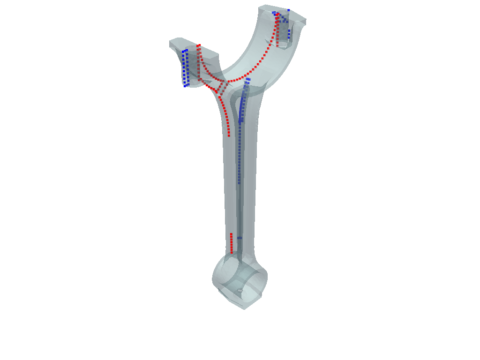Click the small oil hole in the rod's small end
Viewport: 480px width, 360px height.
240,291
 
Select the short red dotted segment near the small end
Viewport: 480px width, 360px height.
232,243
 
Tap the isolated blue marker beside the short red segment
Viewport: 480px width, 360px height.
240,238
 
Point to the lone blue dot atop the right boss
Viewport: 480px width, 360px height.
289,10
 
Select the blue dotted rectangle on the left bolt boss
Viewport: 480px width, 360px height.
186,68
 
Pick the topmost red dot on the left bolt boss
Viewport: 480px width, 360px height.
199,45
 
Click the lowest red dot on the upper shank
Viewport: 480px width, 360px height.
229,136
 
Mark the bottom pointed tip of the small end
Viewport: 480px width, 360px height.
244,308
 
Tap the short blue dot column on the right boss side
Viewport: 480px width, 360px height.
289,34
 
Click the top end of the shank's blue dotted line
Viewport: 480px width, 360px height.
248,79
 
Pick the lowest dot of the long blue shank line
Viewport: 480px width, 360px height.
239,183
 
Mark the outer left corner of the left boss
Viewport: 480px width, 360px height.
170,44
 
